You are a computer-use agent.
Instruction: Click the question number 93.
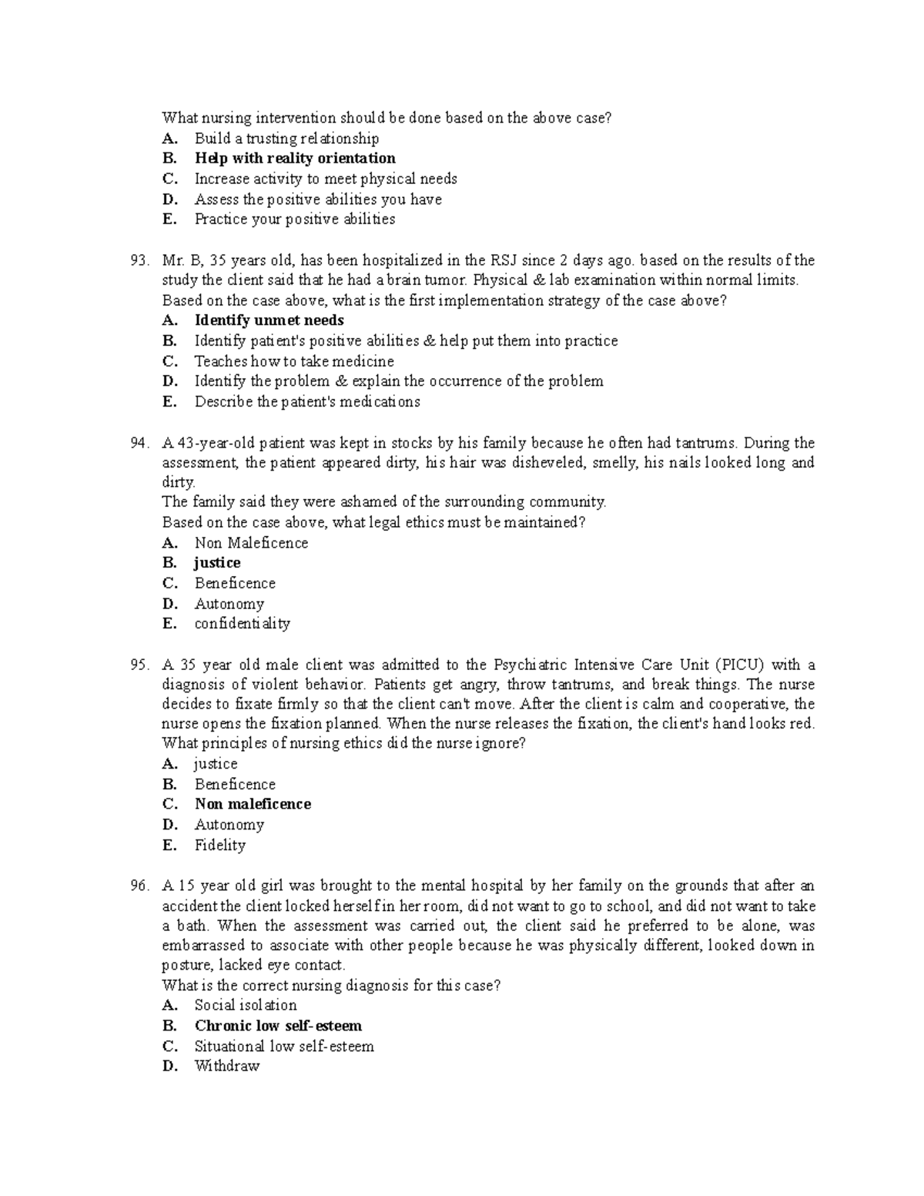139,260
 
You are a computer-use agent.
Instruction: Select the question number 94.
139,443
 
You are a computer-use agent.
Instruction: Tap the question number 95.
139,665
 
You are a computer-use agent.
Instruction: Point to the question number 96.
139,886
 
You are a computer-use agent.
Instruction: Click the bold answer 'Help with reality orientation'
295,159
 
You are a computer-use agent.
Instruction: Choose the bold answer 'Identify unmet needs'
269,320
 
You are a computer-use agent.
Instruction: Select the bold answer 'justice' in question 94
217,563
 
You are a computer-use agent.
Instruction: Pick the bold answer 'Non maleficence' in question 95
253,804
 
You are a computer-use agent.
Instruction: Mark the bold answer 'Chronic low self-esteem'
278,1026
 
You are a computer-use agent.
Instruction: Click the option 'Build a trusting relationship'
286,139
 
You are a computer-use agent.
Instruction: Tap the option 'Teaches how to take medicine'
294,361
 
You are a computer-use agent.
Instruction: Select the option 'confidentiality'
242,624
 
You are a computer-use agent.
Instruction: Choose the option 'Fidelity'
220,845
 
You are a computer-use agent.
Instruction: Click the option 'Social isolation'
246,1005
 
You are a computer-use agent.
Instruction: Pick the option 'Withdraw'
227,1067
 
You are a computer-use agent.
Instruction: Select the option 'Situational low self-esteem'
284,1047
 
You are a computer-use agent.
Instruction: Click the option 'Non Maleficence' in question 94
251,543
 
